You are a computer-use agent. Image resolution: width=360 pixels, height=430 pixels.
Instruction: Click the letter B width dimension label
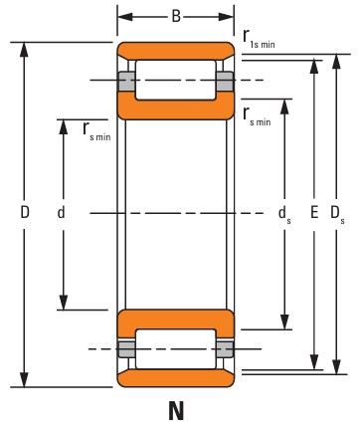176,16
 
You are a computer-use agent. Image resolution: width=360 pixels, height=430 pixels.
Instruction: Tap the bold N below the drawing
176,411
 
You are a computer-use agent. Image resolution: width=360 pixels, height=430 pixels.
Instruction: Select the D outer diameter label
25,212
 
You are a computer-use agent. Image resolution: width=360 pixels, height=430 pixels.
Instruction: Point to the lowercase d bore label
61,212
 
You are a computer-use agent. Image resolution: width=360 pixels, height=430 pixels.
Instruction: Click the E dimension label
314,212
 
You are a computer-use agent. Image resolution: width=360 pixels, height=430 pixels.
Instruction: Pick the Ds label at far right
337,213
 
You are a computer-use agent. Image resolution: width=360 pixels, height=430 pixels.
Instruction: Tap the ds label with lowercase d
284,214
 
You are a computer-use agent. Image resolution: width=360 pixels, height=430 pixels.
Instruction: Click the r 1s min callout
259,39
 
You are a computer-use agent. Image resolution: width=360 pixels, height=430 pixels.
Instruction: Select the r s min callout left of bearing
96,131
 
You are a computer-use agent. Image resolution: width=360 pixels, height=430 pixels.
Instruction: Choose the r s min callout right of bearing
257,116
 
